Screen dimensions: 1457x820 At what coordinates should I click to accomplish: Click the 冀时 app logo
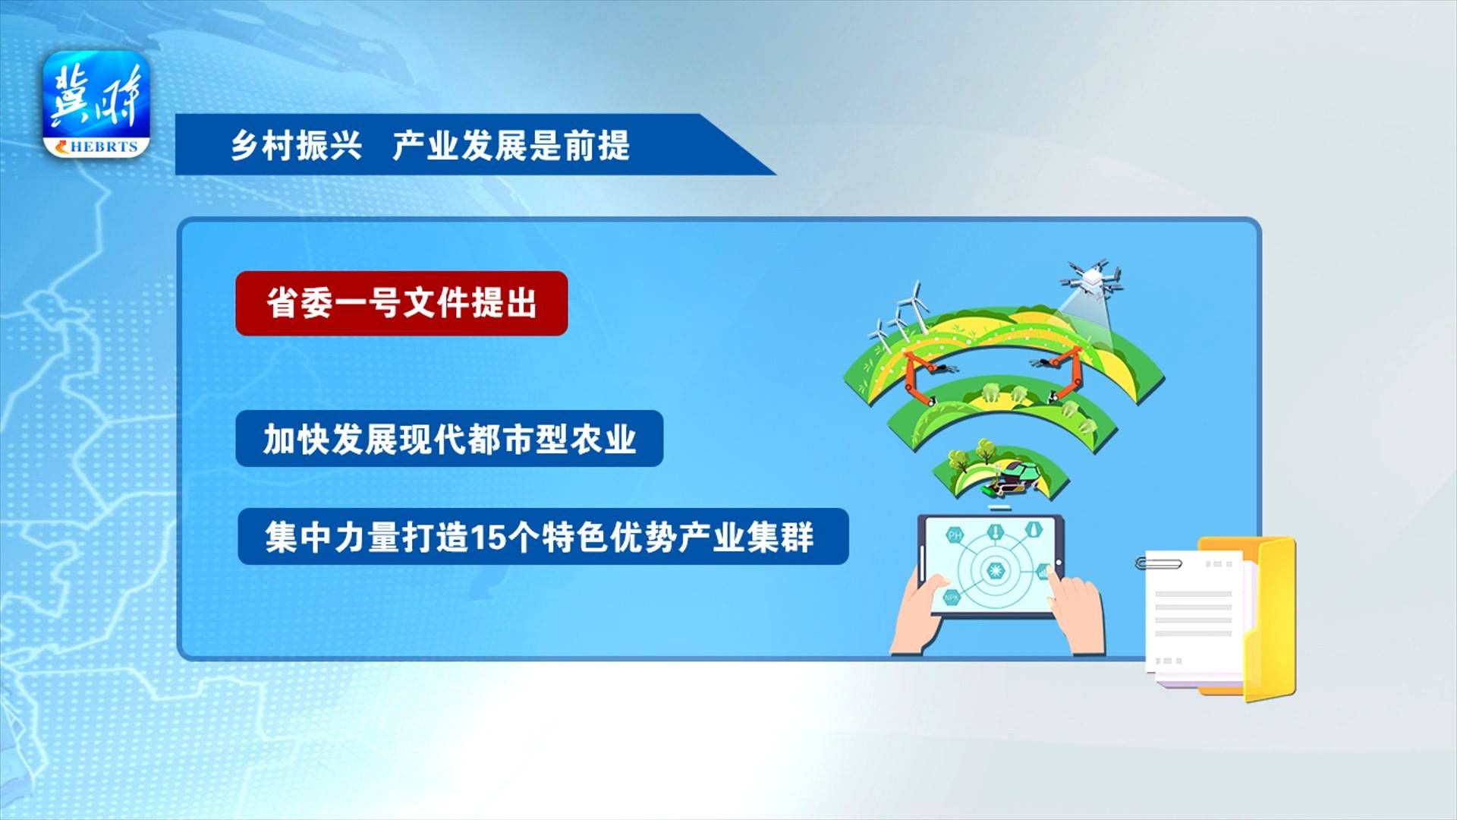click(96, 104)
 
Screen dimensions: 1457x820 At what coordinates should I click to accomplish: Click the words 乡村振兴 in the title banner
click(297, 144)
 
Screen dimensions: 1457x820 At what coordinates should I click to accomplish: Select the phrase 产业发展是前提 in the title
click(511, 144)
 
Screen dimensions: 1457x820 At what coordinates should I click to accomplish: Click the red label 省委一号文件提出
click(401, 303)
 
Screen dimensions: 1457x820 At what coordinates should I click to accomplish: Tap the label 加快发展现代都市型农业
click(449, 439)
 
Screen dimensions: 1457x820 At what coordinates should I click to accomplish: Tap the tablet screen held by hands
click(990, 566)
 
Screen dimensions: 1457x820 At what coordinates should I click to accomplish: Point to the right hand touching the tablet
click(1077, 612)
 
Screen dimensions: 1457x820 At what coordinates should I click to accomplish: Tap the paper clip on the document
click(1158, 563)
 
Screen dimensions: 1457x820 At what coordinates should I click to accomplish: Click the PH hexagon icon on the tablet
click(955, 535)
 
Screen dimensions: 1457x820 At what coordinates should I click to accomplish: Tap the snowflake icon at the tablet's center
click(992, 570)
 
